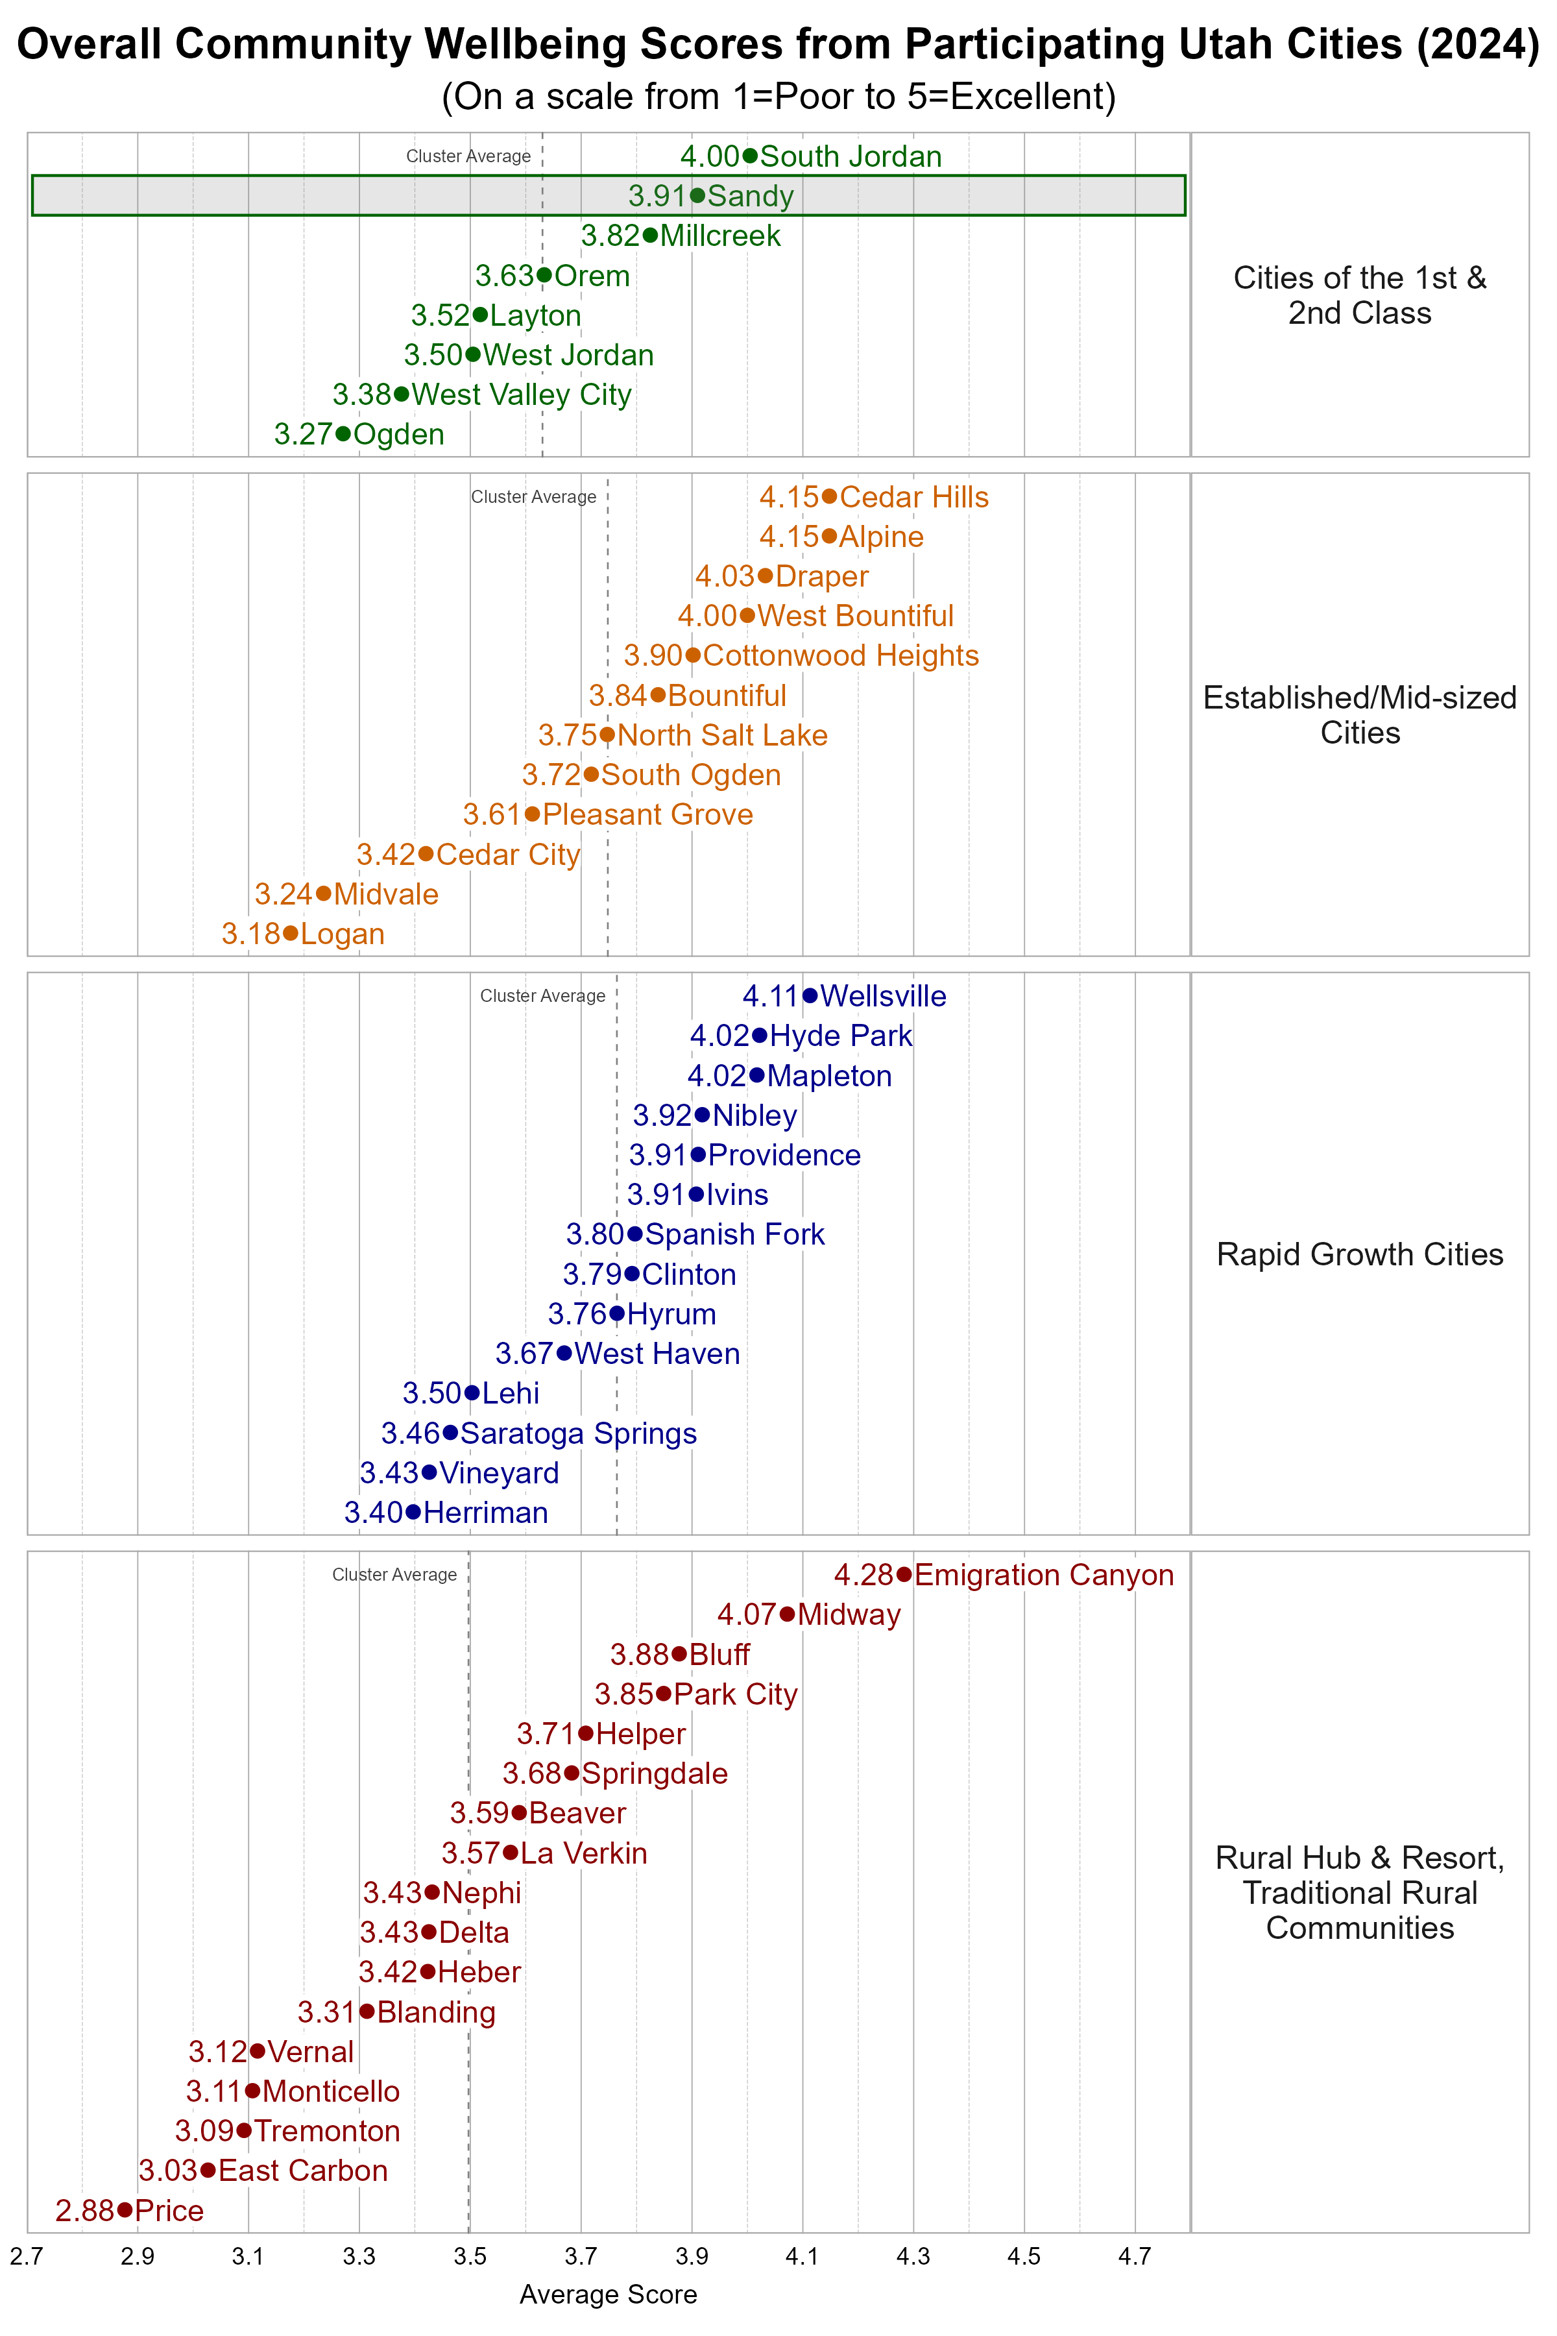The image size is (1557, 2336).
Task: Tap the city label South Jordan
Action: click(x=851, y=156)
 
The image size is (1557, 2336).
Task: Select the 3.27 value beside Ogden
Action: click(x=303, y=434)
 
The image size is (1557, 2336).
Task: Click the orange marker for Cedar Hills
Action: click(x=829, y=496)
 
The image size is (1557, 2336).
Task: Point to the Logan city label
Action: click(x=343, y=934)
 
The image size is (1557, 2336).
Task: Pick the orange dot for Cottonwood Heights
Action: click(x=693, y=655)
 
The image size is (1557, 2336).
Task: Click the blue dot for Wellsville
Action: click(x=810, y=995)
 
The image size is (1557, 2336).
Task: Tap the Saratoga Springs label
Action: click(x=579, y=1433)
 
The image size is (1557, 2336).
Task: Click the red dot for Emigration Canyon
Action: click(x=904, y=1574)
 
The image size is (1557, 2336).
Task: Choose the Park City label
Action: click(x=736, y=1694)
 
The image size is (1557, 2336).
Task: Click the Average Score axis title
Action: click(x=608, y=2294)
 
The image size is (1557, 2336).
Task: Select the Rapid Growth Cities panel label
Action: click(x=1359, y=1254)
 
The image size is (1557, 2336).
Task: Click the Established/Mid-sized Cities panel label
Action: click(x=1359, y=715)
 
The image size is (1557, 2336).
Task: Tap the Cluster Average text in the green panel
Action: click(x=468, y=156)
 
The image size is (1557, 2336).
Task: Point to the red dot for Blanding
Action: click(x=367, y=2011)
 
